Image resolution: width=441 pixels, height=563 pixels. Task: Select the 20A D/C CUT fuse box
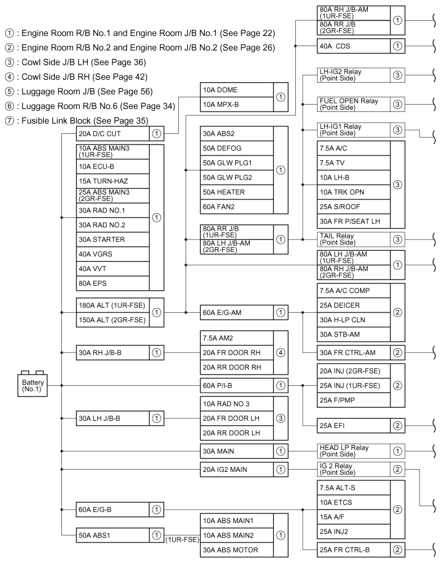112,134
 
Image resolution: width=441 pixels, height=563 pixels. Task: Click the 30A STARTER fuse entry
112,240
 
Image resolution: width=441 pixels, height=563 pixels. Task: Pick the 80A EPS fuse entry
112,282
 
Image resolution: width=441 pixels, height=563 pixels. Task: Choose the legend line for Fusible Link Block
84,120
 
